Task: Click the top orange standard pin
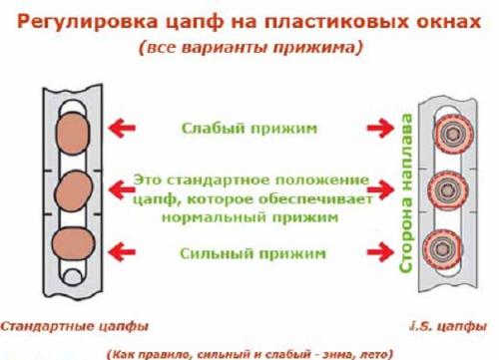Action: tap(73, 130)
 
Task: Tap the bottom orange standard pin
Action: tap(73, 244)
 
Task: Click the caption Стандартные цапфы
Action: tap(71, 326)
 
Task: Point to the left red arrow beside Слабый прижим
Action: tap(124, 129)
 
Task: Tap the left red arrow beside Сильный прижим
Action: tap(124, 253)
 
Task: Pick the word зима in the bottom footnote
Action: tap(332, 352)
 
